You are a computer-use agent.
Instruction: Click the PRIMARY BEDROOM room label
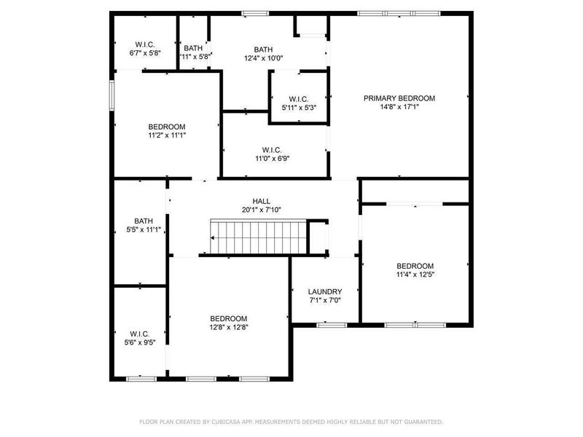(x=399, y=98)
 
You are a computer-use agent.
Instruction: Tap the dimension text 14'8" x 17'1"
(x=399, y=107)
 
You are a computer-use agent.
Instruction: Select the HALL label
(x=262, y=201)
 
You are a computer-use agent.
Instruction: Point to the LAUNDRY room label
(x=325, y=291)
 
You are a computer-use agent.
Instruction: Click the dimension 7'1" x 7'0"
(x=325, y=300)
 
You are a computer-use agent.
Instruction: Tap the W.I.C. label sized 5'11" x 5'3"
(x=299, y=99)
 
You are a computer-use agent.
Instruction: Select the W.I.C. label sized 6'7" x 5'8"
(x=144, y=44)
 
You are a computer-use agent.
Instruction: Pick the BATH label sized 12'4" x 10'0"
(x=263, y=49)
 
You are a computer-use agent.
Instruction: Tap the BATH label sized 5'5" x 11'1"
(x=143, y=221)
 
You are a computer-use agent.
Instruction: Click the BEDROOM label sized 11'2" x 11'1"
(x=167, y=126)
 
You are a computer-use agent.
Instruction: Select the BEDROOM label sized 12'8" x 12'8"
(x=229, y=318)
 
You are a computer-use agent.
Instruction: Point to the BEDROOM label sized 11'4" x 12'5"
(x=415, y=266)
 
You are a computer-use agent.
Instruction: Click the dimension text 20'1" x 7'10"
(x=262, y=210)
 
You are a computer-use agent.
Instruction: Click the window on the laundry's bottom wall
(x=332, y=325)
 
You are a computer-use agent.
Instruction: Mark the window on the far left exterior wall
(x=111, y=95)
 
